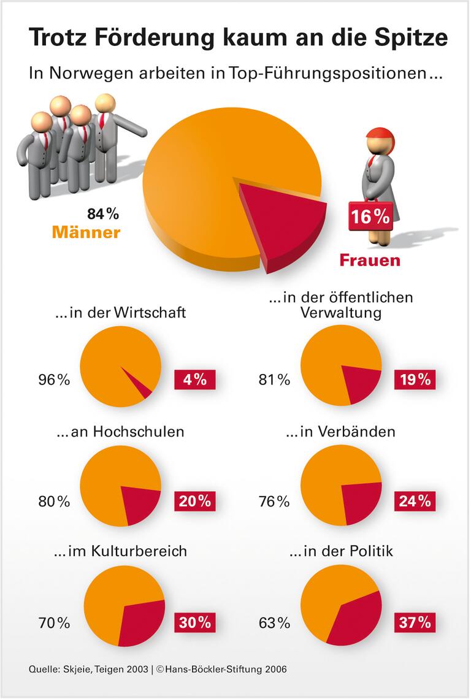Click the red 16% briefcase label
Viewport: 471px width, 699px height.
coord(370,216)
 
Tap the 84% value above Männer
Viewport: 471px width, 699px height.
coord(102,214)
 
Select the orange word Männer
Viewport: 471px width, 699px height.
coord(86,233)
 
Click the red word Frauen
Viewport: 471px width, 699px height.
coord(370,260)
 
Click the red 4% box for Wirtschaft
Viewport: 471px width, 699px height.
coord(194,380)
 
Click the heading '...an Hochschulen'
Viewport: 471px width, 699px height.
coord(120,431)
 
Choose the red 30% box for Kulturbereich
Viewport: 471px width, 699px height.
coord(194,622)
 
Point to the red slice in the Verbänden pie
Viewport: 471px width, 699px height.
coord(359,500)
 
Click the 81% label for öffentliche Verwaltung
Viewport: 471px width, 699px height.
coord(274,380)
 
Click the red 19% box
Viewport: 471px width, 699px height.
coord(415,380)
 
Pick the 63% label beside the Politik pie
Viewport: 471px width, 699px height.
coord(274,623)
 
